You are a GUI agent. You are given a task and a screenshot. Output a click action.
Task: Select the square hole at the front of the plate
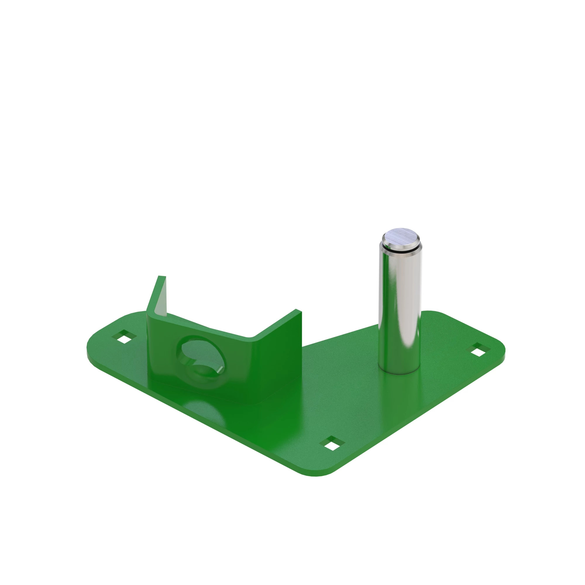pos(333,444)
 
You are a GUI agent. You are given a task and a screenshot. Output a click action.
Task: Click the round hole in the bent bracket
pos(201,354)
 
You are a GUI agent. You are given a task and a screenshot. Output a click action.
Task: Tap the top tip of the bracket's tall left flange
pos(162,276)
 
